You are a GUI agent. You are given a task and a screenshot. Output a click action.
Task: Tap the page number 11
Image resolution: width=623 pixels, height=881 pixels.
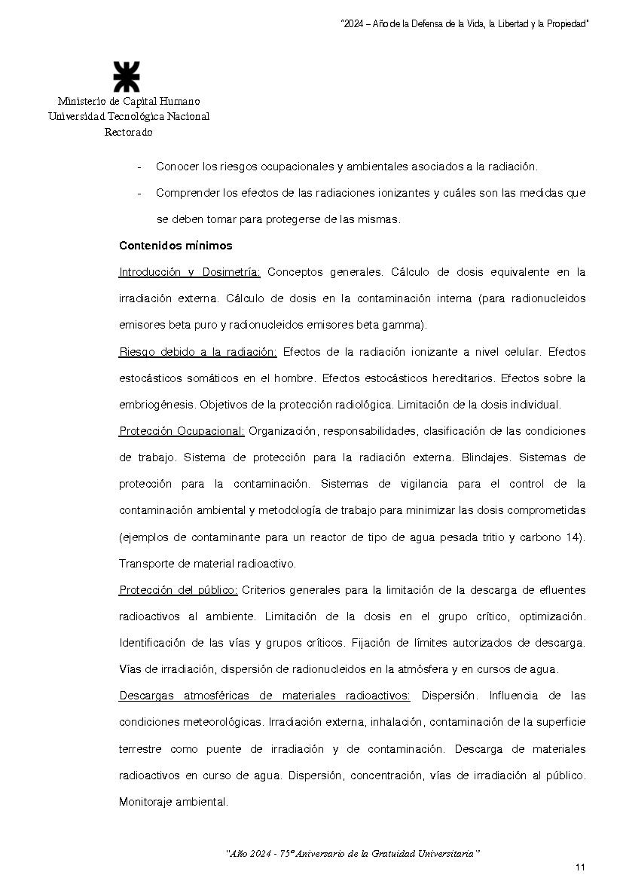pos(580,867)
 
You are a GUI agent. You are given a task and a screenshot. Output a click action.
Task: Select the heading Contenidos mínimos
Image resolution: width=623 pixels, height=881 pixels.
pos(176,246)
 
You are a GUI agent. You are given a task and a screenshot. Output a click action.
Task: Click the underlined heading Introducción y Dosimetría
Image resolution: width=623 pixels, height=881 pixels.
pos(190,272)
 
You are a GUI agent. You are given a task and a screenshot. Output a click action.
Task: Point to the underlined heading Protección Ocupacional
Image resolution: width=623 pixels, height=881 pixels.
pos(182,431)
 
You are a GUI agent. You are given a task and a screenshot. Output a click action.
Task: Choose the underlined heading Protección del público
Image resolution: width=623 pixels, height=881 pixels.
pos(179,590)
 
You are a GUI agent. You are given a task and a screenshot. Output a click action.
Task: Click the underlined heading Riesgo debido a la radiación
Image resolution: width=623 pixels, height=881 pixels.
pos(198,352)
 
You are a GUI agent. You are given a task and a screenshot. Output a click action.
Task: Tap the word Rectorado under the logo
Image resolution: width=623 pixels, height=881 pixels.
pos(128,132)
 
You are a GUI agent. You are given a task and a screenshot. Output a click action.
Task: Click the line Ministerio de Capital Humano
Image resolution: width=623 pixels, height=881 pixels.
pos(129,101)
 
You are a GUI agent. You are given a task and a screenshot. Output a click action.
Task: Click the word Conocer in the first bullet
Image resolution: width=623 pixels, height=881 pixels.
pos(176,167)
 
